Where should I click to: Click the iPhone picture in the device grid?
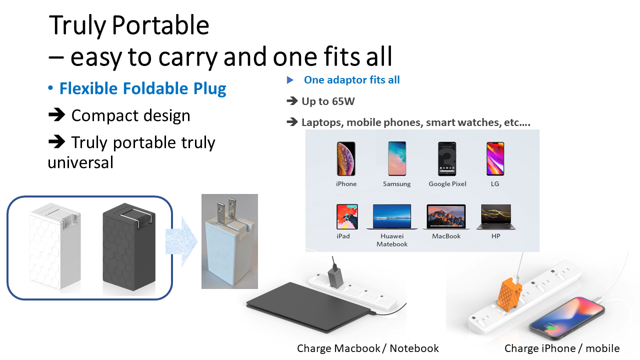click(346, 158)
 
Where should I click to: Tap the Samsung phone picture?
click(397, 158)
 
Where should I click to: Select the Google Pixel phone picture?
click(447, 158)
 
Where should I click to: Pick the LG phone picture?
click(495, 158)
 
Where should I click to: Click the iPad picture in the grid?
click(347, 216)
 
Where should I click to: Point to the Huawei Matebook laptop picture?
click(392, 216)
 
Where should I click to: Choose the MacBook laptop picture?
click(446, 216)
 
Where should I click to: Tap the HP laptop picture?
click(496, 217)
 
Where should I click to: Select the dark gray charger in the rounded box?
click(129, 246)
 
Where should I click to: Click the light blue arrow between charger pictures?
click(181, 241)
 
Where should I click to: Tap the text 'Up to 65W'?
click(328, 101)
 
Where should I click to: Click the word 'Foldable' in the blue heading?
click(155, 88)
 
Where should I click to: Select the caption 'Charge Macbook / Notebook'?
click(367, 348)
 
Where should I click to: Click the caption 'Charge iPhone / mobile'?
click(562, 348)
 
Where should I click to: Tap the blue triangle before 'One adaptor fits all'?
click(290, 80)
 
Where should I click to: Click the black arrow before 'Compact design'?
click(56, 115)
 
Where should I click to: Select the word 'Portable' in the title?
click(160, 25)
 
